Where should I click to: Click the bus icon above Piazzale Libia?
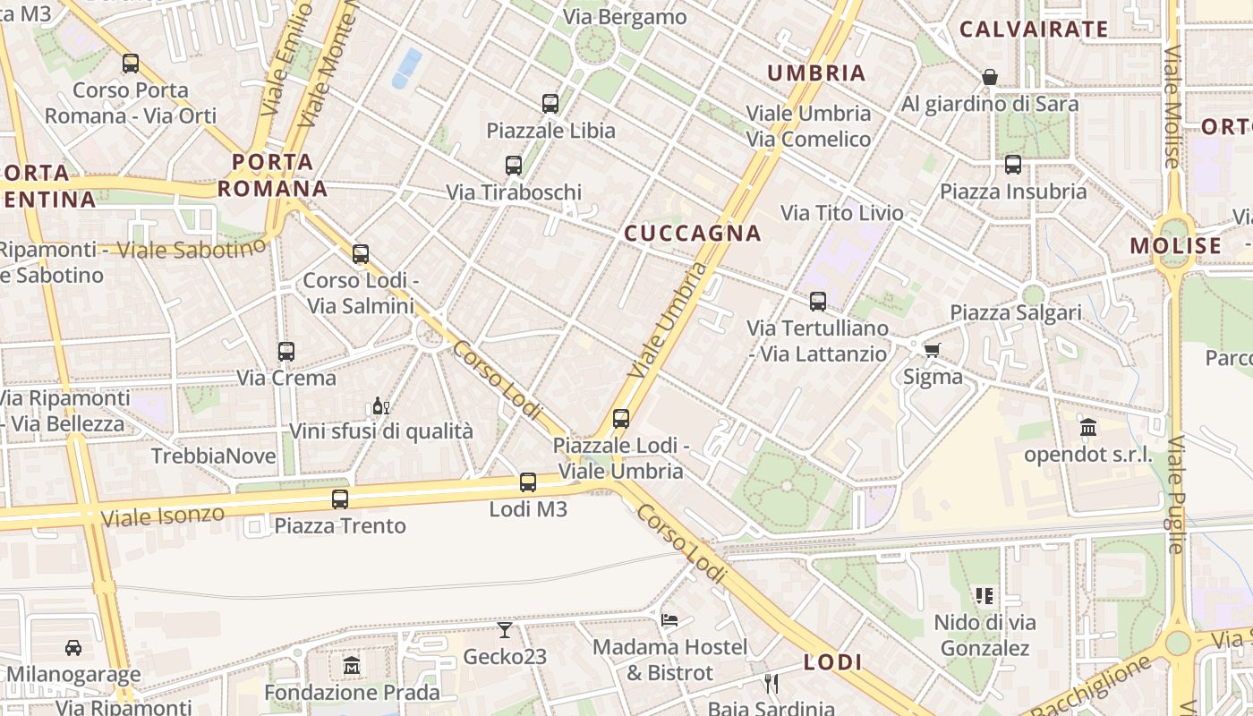tap(550, 104)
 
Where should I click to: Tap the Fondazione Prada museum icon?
tap(352, 666)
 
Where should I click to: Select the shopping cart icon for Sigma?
tap(932, 350)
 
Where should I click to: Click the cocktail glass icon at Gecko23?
tap(505, 630)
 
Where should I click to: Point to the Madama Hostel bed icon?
tap(669, 619)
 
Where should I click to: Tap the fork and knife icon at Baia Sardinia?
tap(771, 683)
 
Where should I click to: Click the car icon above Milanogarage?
tap(73, 647)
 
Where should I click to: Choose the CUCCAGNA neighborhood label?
tap(693, 234)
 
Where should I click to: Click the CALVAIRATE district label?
tap(1034, 30)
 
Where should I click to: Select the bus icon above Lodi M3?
tap(528, 482)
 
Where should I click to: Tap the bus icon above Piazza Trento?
tap(340, 499)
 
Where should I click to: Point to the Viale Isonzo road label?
tap(162, 516)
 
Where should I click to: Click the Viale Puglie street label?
tap(1176, 493)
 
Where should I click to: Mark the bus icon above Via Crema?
tap(286, 352)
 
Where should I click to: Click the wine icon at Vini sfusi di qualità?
tap(379, 406)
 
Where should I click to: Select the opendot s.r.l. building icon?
tap(1088, 428)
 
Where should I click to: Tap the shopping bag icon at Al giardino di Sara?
tap(990, 78)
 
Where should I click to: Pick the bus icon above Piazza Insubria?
tap(1013, 165)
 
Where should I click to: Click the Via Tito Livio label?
tap(842, 213)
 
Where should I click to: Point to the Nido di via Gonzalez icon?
tap(984, 596)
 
